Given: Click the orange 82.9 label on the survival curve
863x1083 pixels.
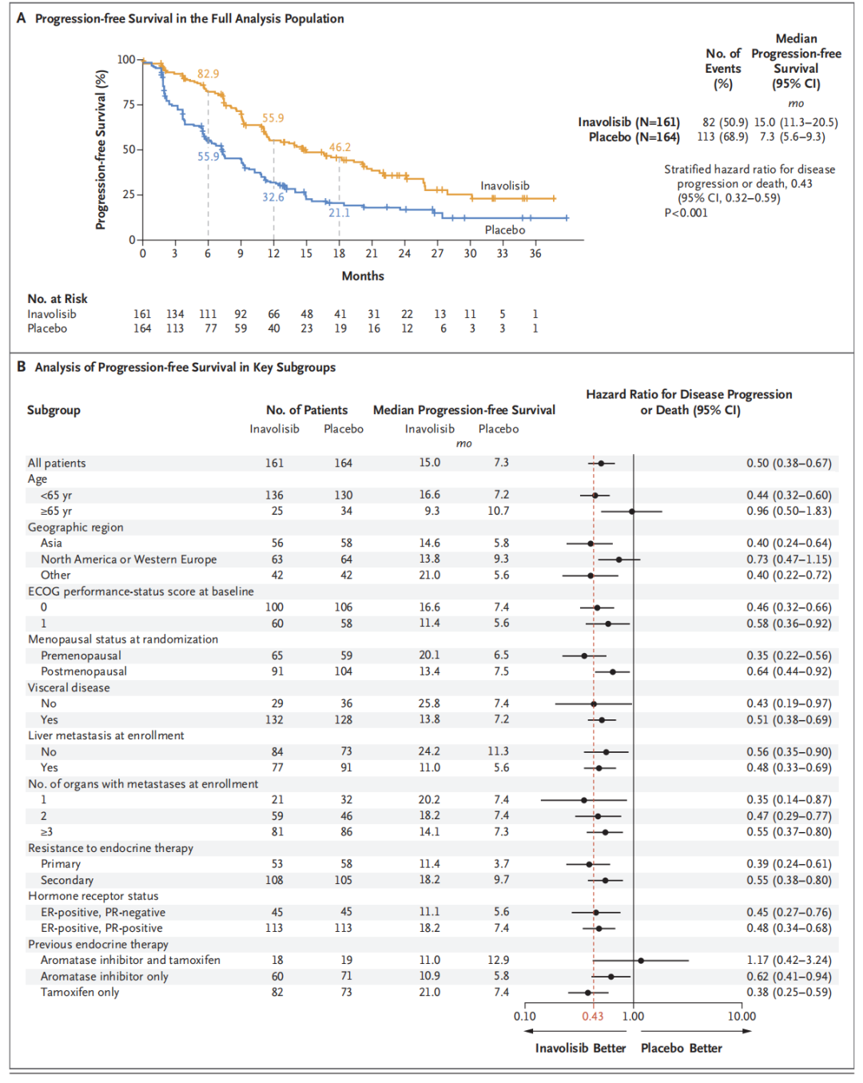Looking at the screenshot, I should click(208, 74).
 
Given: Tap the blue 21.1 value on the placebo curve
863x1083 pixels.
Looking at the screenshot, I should click(339, 213).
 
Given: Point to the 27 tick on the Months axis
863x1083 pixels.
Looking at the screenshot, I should click(437, 253).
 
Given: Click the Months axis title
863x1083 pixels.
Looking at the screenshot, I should click(363, 276).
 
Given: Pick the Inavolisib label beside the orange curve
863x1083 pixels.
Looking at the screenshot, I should click(504, 185).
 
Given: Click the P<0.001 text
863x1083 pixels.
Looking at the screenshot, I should click(686, 213).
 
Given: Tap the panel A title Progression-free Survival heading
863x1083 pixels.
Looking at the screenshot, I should click(189, 18).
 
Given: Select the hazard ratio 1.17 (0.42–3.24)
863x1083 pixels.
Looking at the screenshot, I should click(789, 960).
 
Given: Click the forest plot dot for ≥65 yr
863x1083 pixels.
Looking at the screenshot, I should click(631, 511).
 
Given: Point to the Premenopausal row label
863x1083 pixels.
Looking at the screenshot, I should click(81, 655).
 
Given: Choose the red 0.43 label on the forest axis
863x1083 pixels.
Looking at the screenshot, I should click(593, 1016).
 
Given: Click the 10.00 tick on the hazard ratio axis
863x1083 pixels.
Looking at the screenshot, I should click(741, 1016).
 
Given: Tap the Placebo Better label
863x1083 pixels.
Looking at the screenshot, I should click(681, 1048).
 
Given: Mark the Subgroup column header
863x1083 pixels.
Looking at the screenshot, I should click(54, 410).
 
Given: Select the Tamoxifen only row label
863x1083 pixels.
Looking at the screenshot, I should click(80, 992).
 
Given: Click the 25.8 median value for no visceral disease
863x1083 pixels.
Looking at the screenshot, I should click(429, 703).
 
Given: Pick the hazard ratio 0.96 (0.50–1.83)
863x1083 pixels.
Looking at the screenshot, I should click(789, 511).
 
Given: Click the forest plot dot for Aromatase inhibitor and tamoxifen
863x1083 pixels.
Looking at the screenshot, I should click(641, 960).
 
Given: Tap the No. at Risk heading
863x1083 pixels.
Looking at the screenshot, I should click(58, 299).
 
